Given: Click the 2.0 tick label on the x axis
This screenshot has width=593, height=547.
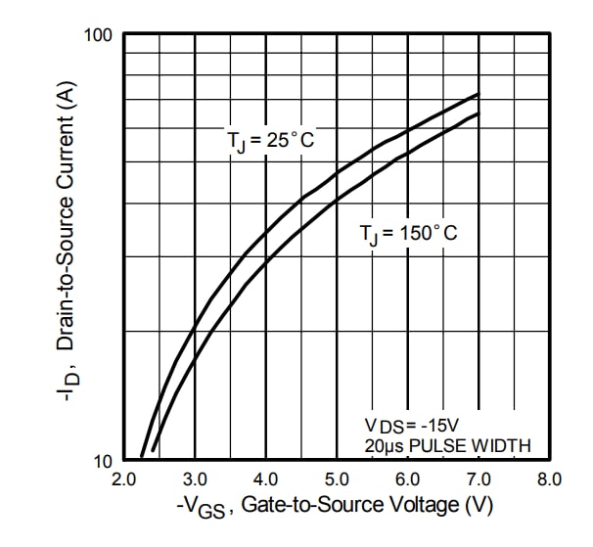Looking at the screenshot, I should tap(123, 479).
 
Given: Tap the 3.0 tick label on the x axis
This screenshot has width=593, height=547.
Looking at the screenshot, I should tap(195, 479).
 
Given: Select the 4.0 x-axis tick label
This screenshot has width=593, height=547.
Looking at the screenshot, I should tap(266, 479).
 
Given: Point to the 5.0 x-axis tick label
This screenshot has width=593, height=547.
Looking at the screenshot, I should tap(337, 479).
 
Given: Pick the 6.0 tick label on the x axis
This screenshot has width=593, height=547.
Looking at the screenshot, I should tap(408, 479).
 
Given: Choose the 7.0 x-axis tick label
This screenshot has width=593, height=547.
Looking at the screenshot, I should tap(479, 479).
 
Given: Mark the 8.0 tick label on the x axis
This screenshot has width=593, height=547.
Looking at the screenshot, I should tap(549, 479).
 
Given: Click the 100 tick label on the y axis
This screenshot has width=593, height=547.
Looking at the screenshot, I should tap(101, 36).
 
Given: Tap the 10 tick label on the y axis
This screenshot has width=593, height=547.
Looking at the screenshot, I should tap(105, 461).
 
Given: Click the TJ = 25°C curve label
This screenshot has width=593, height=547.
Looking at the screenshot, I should tap(271, 142).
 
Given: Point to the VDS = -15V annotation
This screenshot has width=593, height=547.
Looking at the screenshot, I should tap(410, 426).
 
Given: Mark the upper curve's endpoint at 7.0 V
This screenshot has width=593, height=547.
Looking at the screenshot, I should tap(479, 94).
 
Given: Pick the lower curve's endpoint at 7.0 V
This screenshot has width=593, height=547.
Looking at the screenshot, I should tap(479, 114).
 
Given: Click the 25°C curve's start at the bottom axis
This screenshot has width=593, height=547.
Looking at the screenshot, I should tap(142, 457).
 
